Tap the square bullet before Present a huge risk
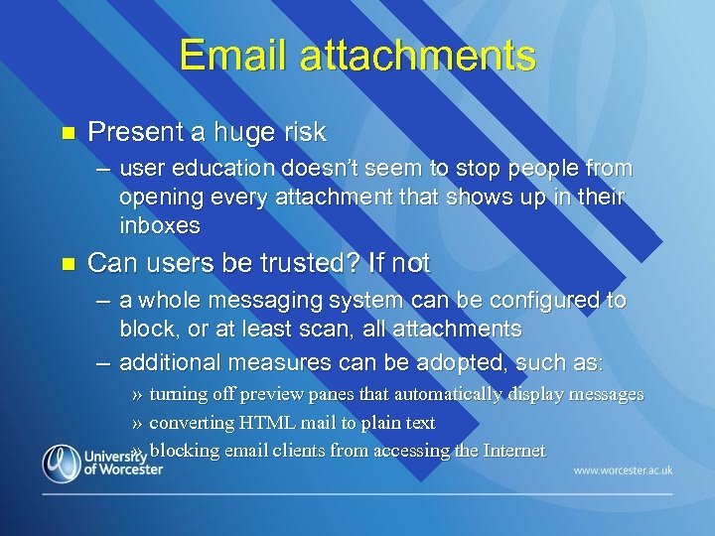(x=68, y=132)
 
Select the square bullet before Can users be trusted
(x=68, y=264)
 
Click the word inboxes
(x=160, y=225)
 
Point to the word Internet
(x=513, y=451)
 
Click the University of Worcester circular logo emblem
(x=62, y=463)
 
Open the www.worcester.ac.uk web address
(x=623, y=469)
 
